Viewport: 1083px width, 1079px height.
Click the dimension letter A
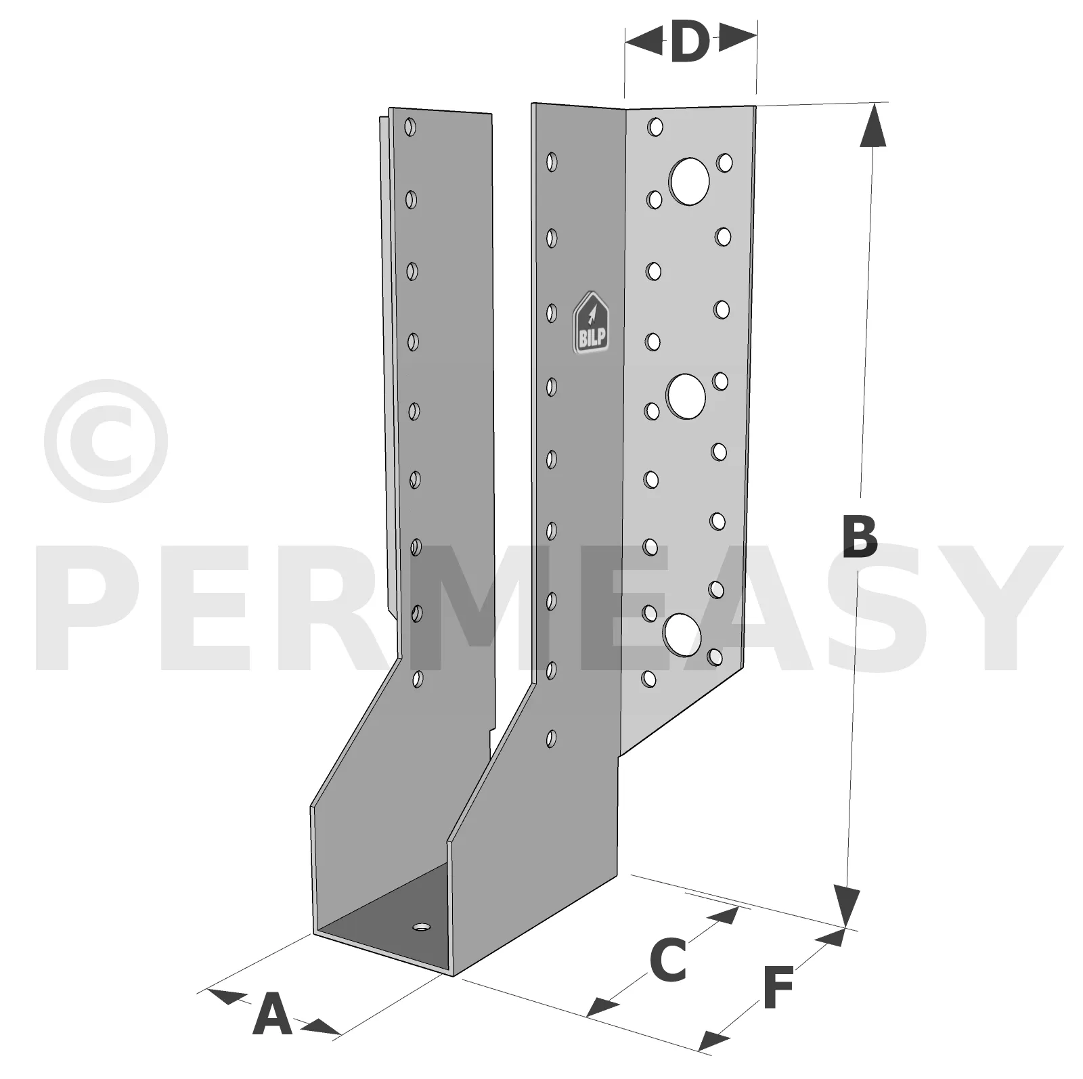272,1013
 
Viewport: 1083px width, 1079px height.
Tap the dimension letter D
690,41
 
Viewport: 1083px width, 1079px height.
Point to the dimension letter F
779,988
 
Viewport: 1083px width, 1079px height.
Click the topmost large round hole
689,181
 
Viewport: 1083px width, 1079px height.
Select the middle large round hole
686,396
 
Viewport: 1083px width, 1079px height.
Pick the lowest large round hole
682,634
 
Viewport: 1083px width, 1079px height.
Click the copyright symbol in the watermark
106,441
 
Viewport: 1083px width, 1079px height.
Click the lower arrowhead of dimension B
846,905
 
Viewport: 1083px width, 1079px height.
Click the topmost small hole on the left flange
410,127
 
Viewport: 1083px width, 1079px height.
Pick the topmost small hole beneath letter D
655,127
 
